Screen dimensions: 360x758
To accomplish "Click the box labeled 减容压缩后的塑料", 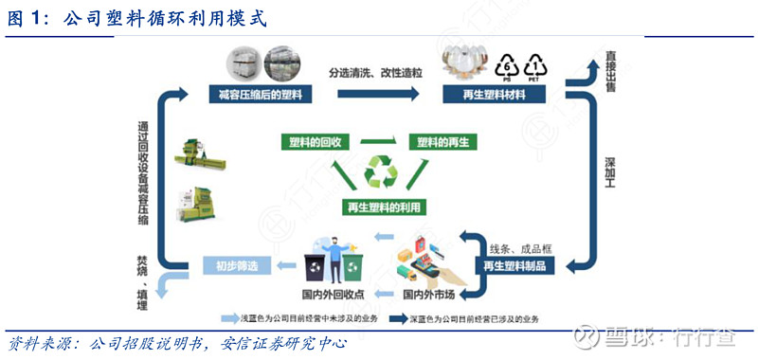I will (x=260, y=96).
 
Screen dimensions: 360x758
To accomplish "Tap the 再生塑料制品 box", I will (x=514, y=266).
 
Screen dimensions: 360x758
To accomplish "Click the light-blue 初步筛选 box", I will (x=232, y=266).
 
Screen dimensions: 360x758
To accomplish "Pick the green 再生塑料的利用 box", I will (x=383, y=207).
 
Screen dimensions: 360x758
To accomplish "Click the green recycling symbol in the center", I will (x=381, y=172).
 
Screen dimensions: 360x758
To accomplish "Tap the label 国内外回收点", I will (x=331, y=295).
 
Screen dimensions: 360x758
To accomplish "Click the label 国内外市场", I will (x=435, y=295).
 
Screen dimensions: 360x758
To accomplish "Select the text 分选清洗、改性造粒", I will (x=375, y=73).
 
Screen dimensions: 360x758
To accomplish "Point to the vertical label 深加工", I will (x=612, y=177).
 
